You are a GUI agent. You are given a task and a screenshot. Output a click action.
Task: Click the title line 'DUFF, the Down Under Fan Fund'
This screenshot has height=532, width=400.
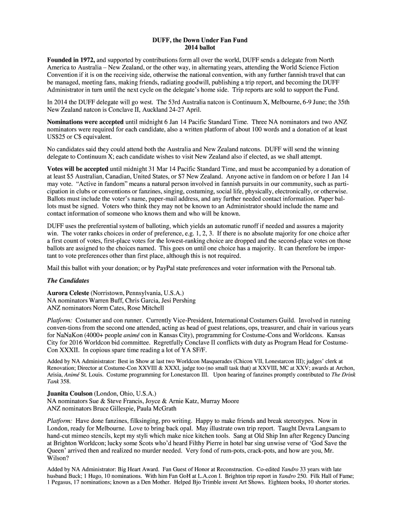coord(199,39)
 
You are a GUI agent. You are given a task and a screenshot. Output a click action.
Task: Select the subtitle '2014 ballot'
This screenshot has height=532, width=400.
coord(199,48)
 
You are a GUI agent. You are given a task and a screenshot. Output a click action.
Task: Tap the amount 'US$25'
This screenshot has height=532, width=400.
coord(58,137)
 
